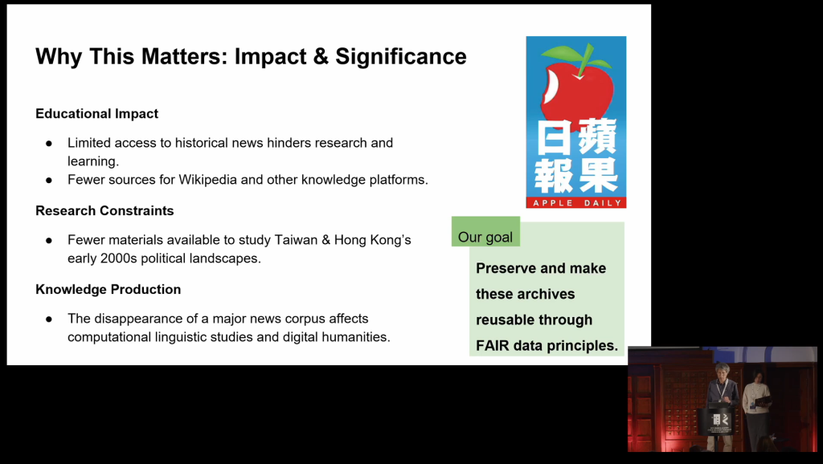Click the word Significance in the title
[x=400, y=57]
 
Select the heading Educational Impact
[x=96, y=114]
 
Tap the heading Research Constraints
[x=104, y=211]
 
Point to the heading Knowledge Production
[x=109, y=290]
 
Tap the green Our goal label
[x=485, y=232]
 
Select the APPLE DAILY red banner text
[x=576, y=203]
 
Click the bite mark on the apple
[x=550, y=86]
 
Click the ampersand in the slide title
[x=321, y=57]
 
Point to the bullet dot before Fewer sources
[x=49, y=180]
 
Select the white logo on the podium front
[x=720, y=419]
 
